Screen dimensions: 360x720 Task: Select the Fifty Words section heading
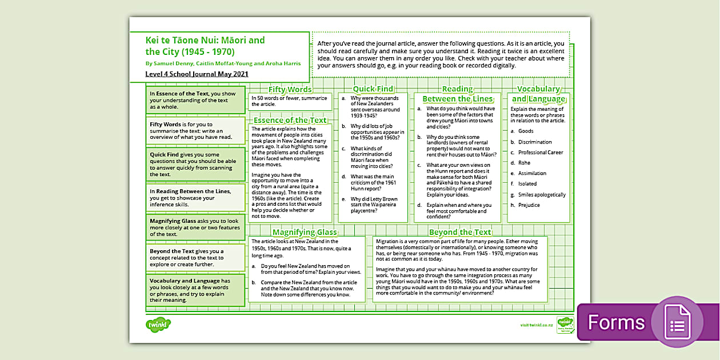tap(290, 89)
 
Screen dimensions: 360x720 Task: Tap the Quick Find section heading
tap(373, 89)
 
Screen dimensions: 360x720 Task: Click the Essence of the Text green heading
tap(290, 120)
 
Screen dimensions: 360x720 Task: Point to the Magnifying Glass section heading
tap(305, 232)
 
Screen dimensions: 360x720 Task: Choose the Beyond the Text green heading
tap(460, 232)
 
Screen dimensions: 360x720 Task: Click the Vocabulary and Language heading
tap(538, 94)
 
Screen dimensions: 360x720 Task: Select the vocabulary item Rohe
tap(525, 163)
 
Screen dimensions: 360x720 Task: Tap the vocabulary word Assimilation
tap(532, 173)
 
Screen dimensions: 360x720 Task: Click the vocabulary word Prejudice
tap(529, 205)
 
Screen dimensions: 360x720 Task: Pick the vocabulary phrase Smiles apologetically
tap(542, 194)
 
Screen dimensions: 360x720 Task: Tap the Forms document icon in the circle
tap(677, 322)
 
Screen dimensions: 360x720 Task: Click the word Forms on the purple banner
tap(616, 322)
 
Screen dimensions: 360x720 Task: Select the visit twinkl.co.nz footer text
tap(536, 325)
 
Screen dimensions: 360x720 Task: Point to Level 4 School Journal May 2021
tap(197, 74)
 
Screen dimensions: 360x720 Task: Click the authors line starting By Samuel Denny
tap(223, 63)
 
